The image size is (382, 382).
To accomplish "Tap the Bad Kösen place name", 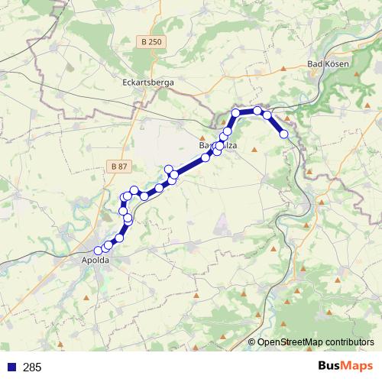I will pos(328,64).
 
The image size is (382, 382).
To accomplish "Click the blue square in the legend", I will pos(11,367).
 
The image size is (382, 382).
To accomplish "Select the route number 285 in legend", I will pos(32,367).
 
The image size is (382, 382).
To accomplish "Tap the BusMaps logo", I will pos(345,367).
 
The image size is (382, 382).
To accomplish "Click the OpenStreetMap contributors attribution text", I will pos(316,342).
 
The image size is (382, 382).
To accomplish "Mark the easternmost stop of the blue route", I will pos(284,134).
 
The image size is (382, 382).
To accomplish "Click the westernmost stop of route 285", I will pos(98,251).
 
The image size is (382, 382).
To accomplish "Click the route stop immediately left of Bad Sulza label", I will pos(205,158).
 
